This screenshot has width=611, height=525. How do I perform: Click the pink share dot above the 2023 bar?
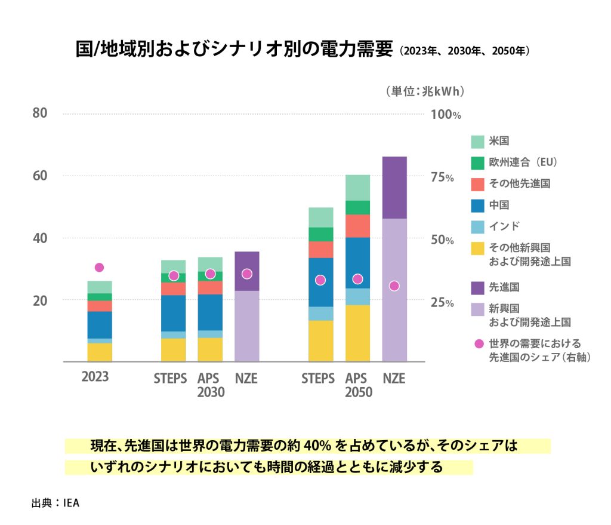(x=99, y=268)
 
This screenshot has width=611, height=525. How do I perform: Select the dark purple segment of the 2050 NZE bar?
(x=394, y=187)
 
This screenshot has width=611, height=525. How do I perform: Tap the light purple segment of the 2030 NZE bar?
(x=246, y=326)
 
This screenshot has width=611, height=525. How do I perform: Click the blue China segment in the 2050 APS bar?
(x=357, y=263)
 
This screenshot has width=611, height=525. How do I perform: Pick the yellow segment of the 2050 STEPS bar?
(x=320, y=340)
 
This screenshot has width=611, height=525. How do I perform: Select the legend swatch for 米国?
(x=477, y=142)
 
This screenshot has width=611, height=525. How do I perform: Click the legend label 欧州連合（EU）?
(x=523, y=162)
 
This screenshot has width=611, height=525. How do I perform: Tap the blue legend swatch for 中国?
(x=477, y=205)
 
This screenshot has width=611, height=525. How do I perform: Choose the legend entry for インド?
(x=504, y=226)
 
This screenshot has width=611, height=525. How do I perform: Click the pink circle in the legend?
(x=477, y=344)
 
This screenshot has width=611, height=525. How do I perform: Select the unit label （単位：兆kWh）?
(x=425, y=91)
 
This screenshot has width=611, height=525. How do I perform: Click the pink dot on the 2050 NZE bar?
(x=394, y=286)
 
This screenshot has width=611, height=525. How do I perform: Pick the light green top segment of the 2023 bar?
(x=100, y=287)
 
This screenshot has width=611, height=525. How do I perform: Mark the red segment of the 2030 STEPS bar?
(x=173, y=288)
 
